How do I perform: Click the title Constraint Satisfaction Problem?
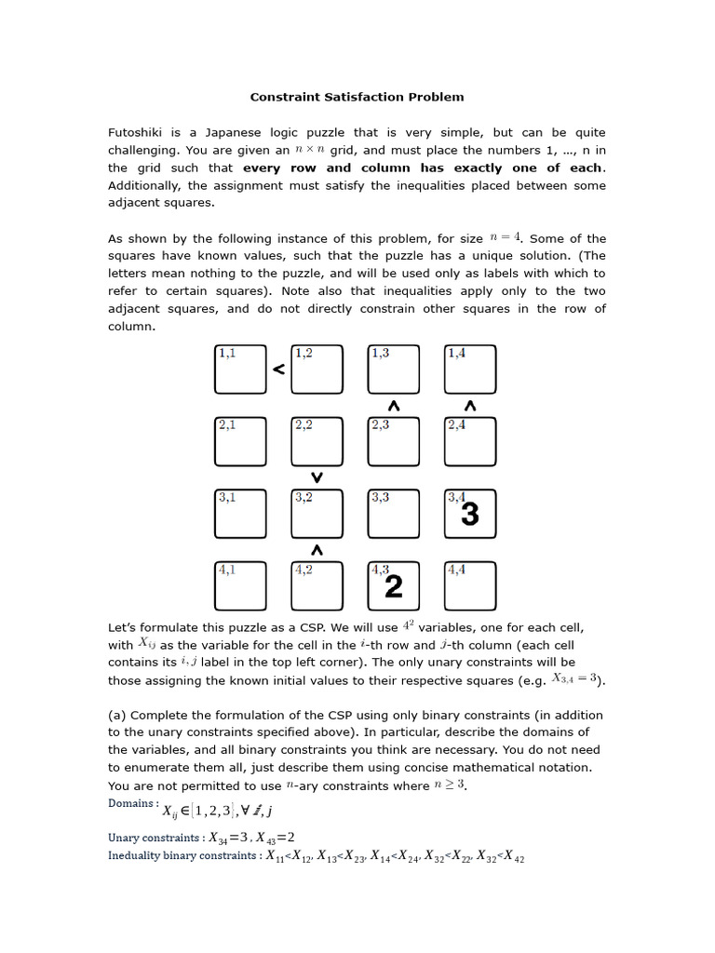pos(357,97)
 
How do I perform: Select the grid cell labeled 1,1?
pos(240,369)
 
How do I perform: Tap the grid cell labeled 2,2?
pos(317,441)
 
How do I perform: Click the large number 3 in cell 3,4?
pos(470,515)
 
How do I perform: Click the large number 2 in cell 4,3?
pos(394,586)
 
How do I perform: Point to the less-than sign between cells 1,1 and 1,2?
pos(277,369)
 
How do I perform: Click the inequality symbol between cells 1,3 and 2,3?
pos(394,406)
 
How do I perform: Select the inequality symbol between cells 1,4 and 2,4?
pos(470,406)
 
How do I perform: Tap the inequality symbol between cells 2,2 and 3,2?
pos(317,477)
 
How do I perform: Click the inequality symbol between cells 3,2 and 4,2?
pos(317,550)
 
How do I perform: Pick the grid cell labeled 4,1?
pos(240,586)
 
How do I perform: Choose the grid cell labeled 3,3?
pos(394,514)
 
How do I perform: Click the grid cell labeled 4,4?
pos(470,586)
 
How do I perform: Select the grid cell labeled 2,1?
pos(240,441)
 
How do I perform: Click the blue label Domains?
pos(133,803)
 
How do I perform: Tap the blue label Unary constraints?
pos(155,837)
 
